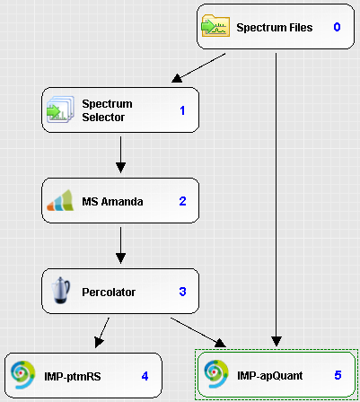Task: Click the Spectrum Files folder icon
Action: pos(215,26)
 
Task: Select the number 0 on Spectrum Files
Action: pos(337,27)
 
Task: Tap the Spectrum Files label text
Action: pos(275,28)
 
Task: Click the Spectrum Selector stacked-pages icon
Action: pos(60,109)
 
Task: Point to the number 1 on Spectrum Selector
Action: pos(182,110)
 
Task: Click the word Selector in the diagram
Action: pos(103,118)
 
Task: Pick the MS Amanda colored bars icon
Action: pos(60,200)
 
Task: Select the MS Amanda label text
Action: pos(112,201)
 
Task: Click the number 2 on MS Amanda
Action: pos(182,201)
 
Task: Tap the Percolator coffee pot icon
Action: pos(60,290)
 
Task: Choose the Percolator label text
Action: pos(109,292)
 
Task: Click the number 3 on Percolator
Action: pos(182,292)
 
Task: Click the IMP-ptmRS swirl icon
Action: pos(22,375)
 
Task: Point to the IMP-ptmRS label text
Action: pos(73,376)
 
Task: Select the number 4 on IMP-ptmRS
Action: pos(145,376)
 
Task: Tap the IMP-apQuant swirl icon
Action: pos(216,374)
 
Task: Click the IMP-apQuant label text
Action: pos(270,376)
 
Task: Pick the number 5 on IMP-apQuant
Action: pos(338,375)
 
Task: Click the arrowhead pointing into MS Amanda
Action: pos(120,168)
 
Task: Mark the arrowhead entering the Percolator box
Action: pos(120,258)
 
